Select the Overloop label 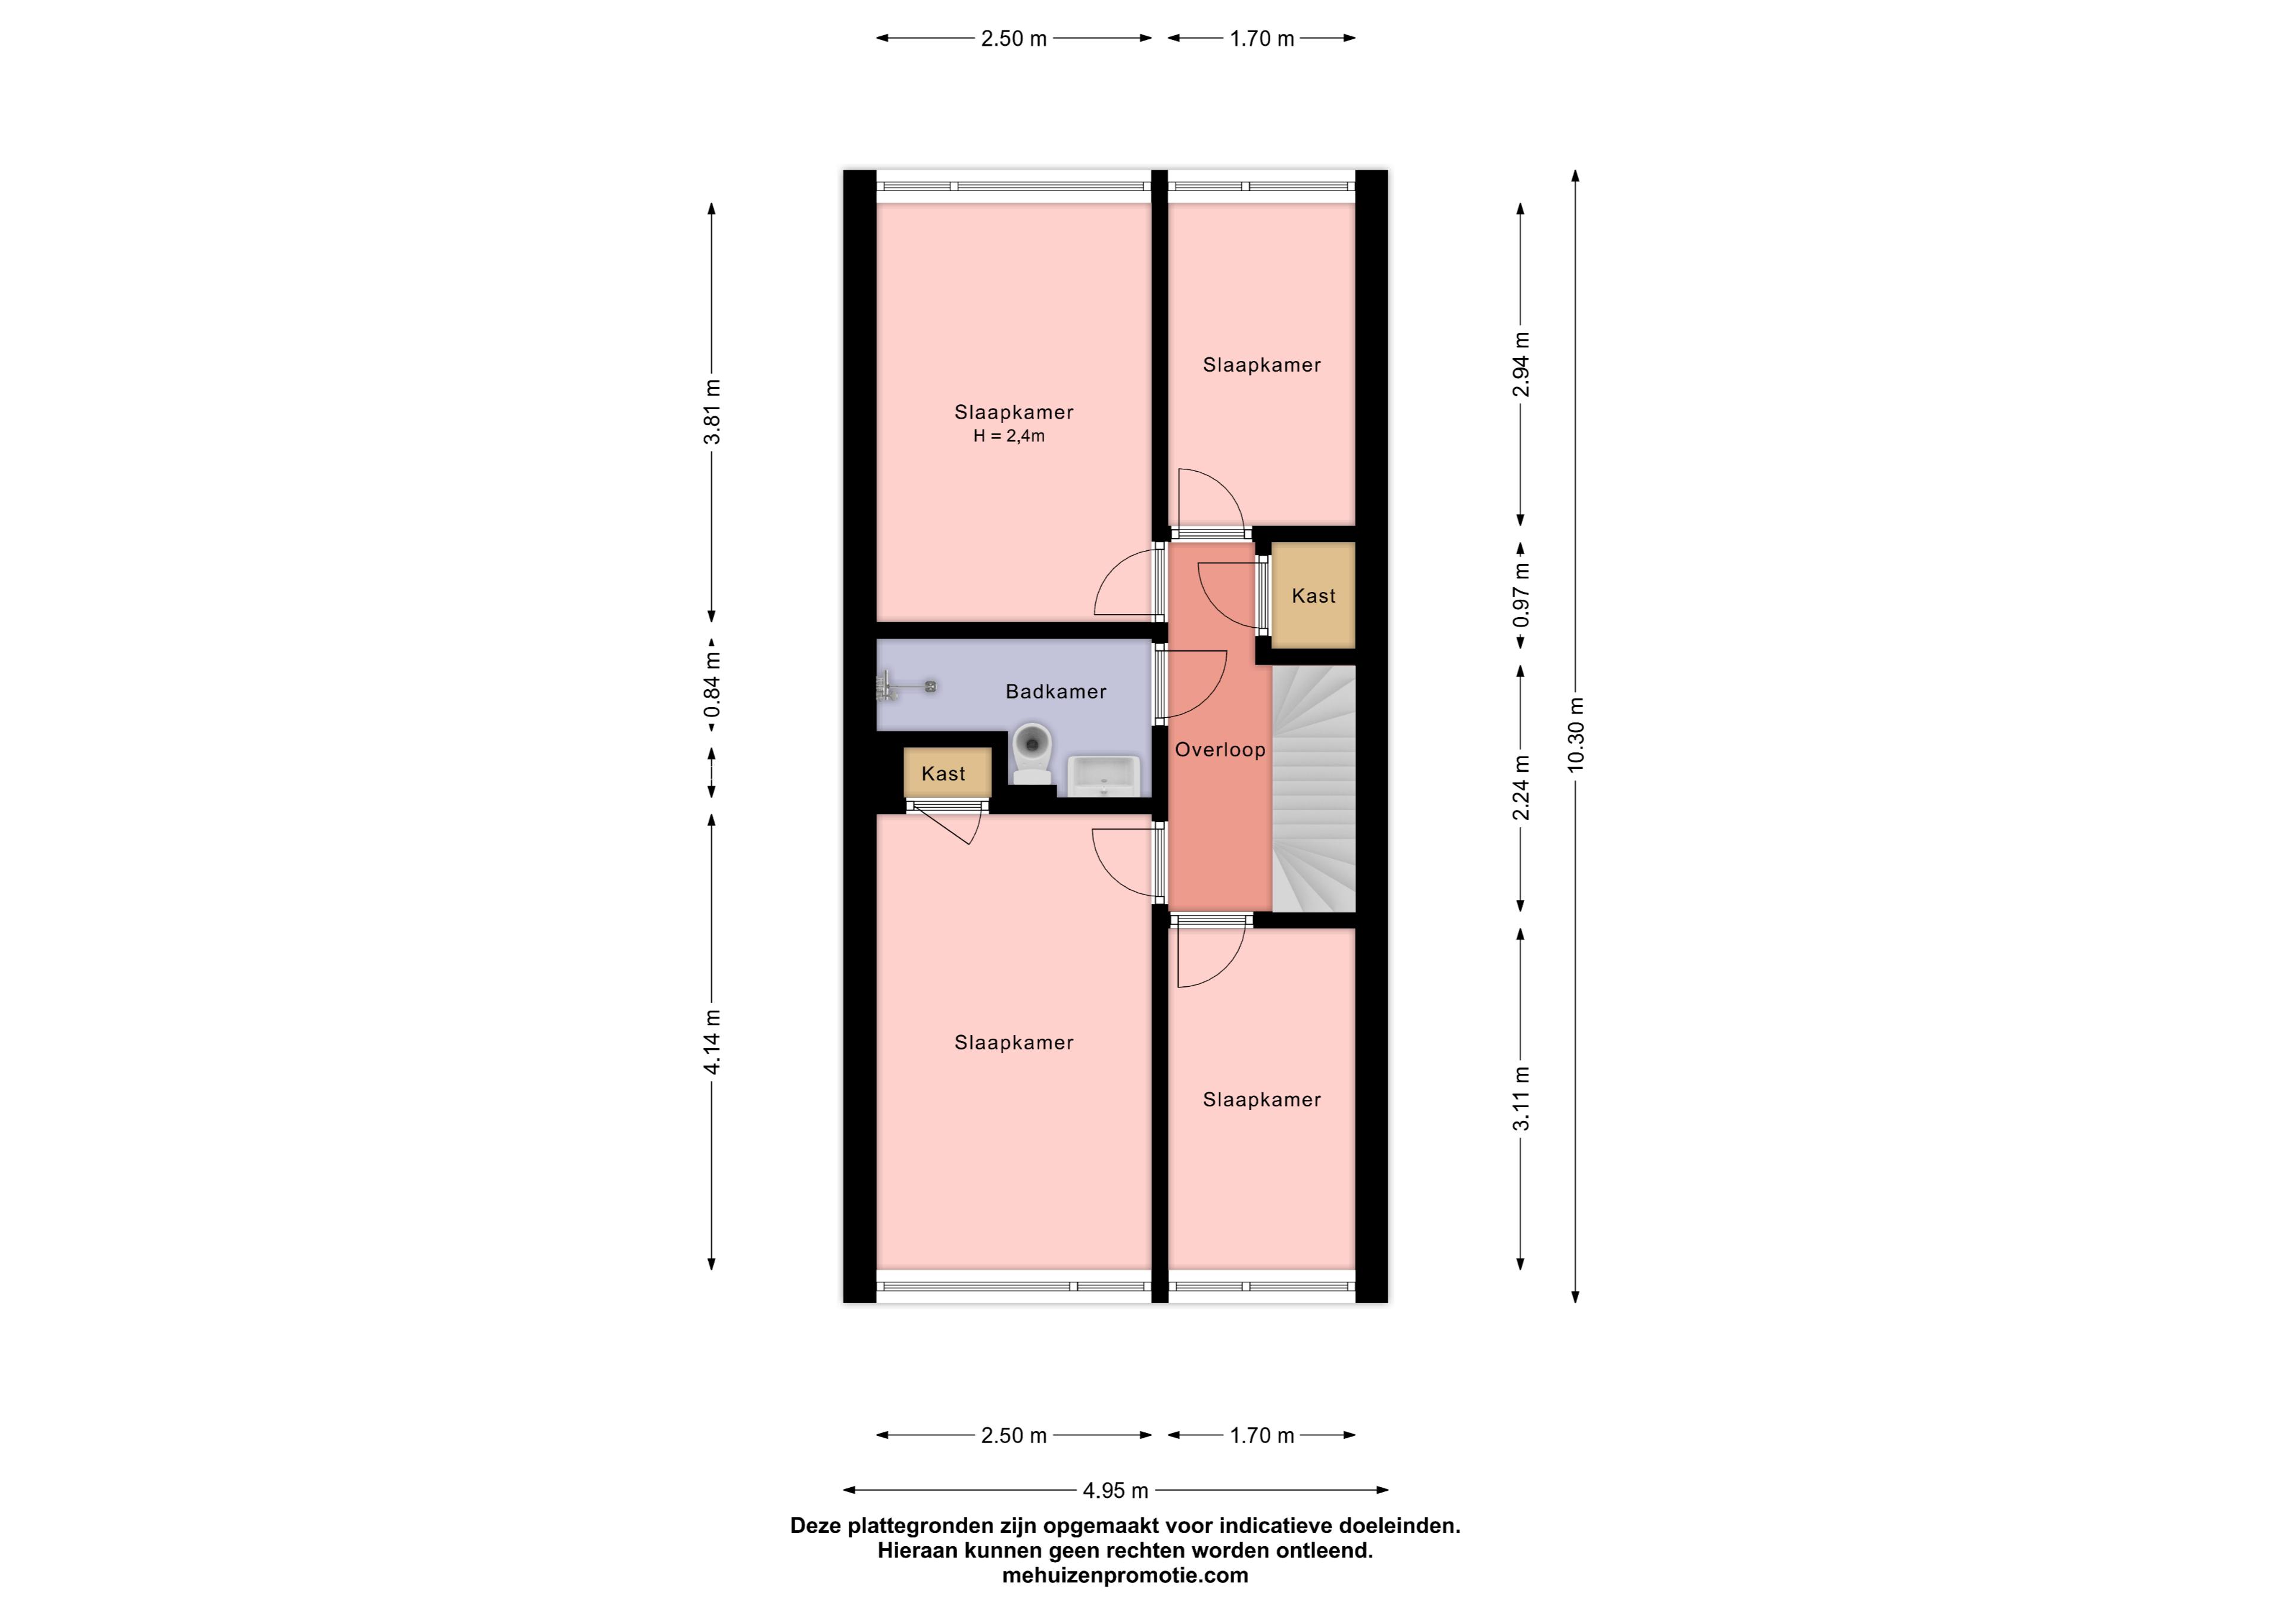click(x=1220, y=750)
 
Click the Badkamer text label click(x=1056, y=691)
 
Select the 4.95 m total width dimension click(x=1116, y=1491)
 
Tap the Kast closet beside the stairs click(x=1313, y=596)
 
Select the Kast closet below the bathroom click(x=948, y=773)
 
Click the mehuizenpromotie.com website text click(x=1124, y=1575)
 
